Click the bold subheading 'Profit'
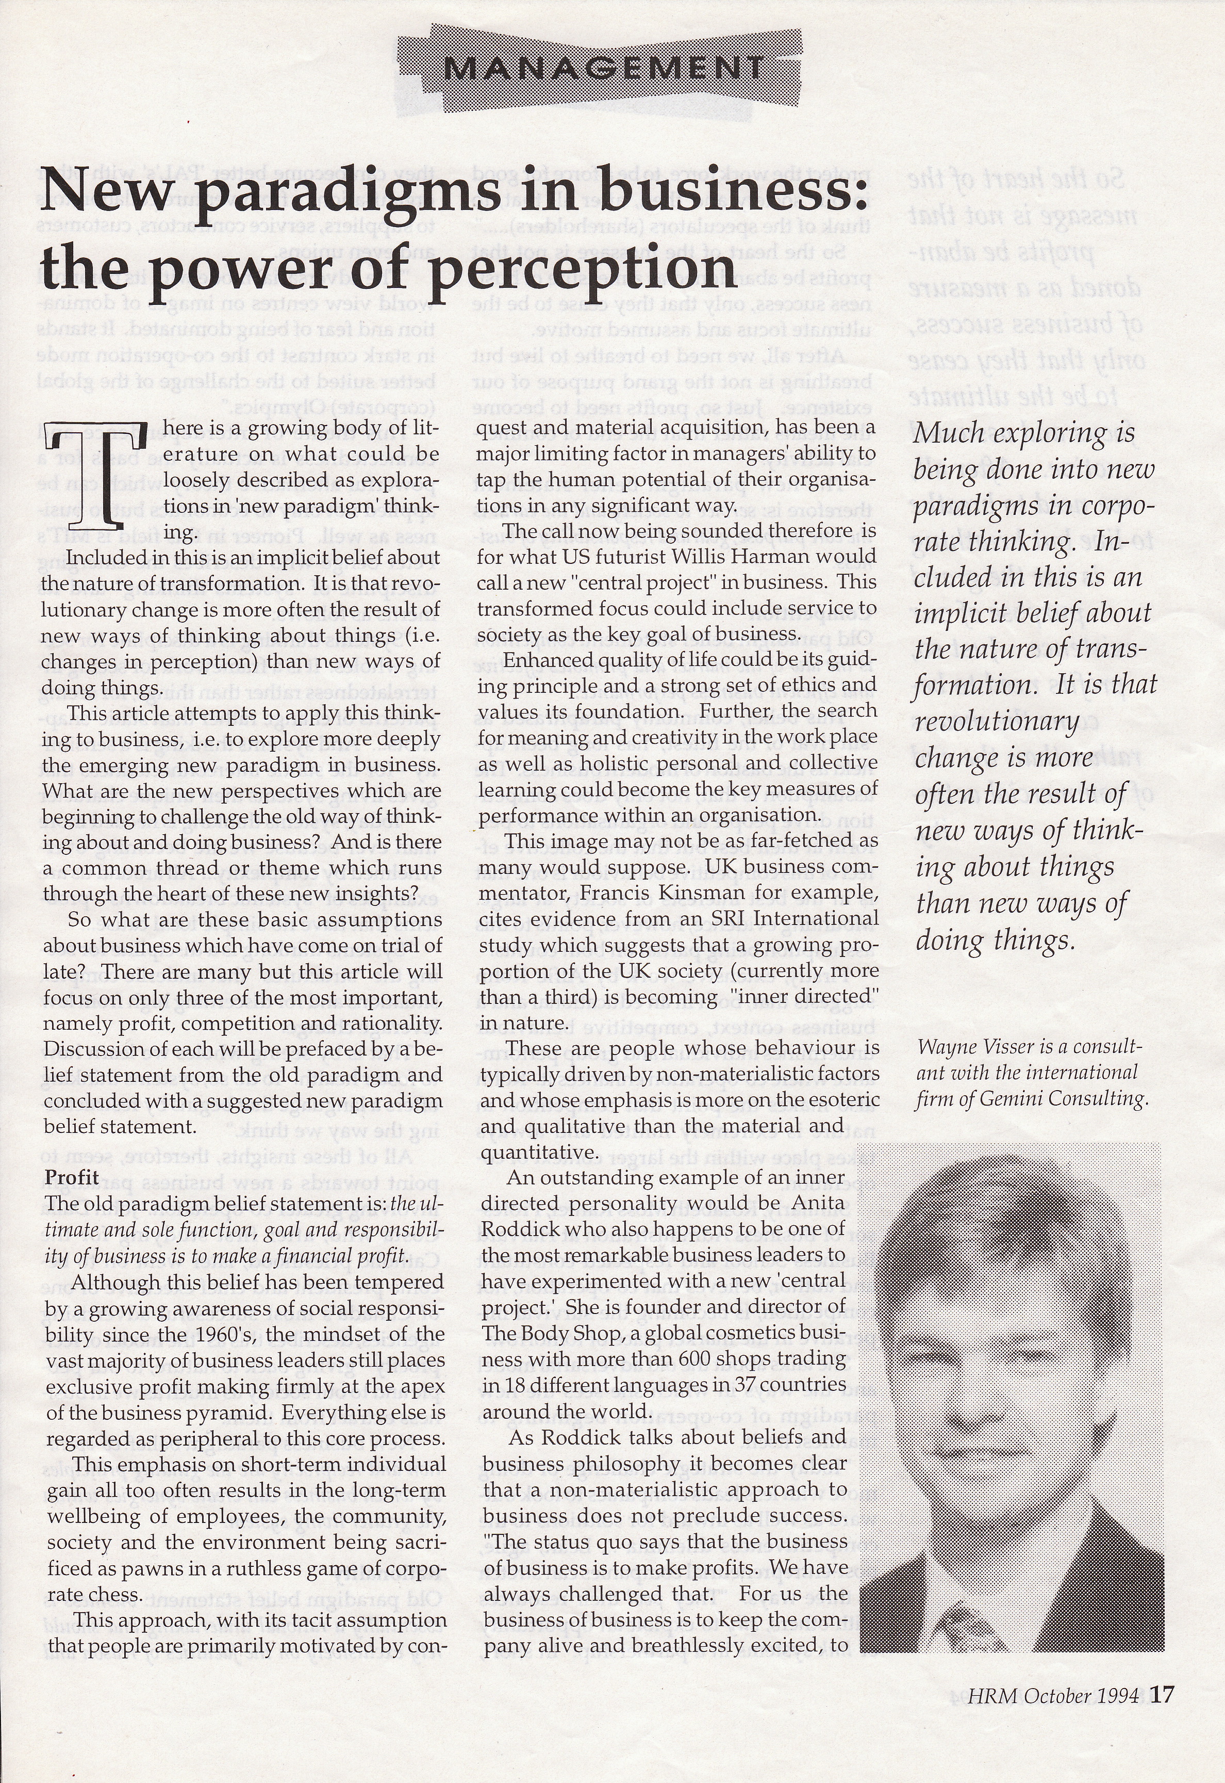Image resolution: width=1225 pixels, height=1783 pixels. [x=72, y=1177]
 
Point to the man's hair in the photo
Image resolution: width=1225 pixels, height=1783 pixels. [x=990, y=1228]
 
